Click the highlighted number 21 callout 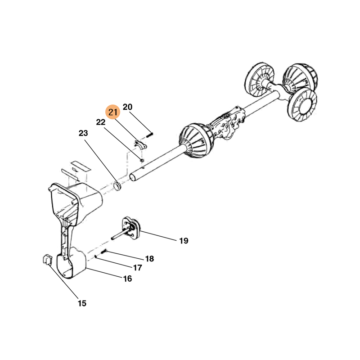coord(113,112)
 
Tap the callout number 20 coord(128,107)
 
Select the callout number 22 coord(100,122)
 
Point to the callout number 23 coord(83,133)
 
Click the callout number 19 coord(184,241)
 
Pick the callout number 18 coord(149,259)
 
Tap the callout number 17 coord(138,268)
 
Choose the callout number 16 coord(128,279)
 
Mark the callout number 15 coord(82,303)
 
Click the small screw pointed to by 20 coord(149,135)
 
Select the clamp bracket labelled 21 coord(140,144)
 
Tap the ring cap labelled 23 coord(118,186)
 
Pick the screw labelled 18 coord(104,252)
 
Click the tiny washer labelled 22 coord(142,160)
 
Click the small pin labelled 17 coord(95,256)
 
